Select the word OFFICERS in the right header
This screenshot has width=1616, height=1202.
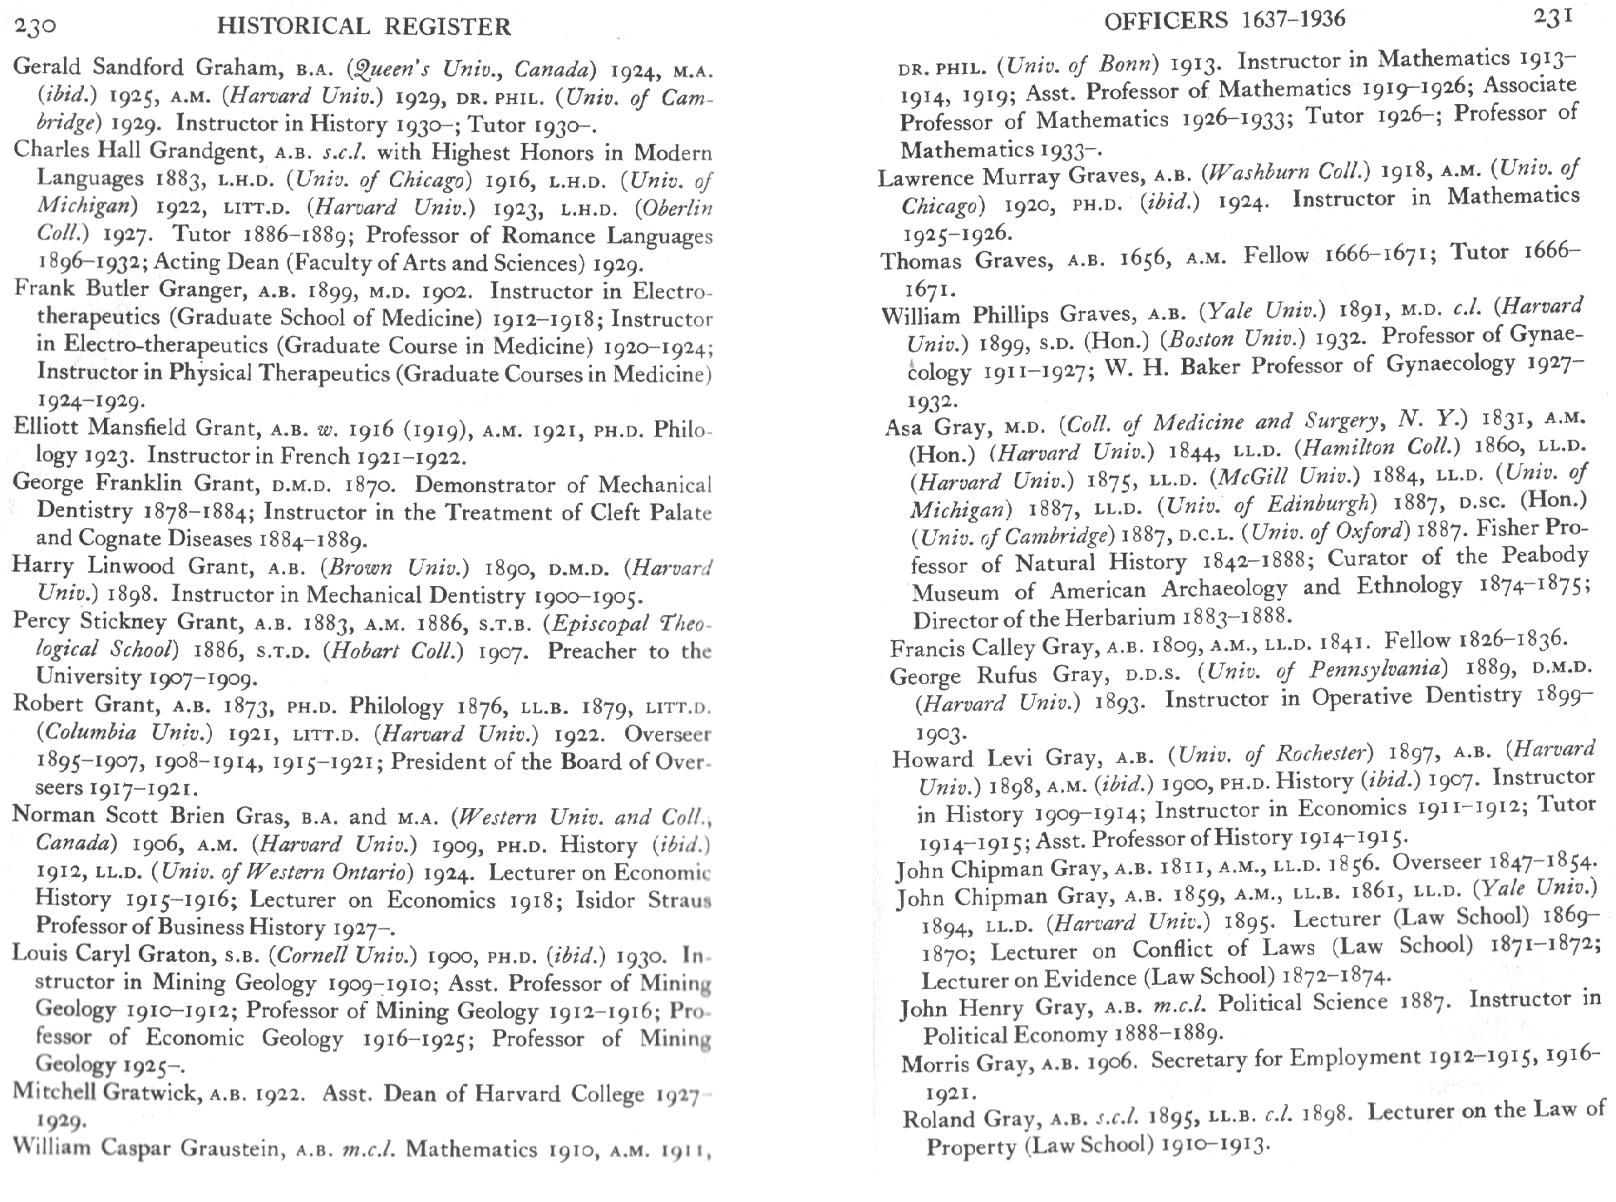click(x=1165, y=20)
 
